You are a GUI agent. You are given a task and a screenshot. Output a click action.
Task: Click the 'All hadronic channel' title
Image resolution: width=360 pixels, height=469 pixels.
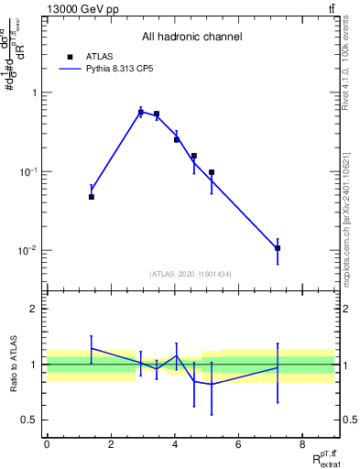[x=191, y=37]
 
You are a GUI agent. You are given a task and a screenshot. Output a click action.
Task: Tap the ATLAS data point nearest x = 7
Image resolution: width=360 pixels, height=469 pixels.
[x=278, y=248]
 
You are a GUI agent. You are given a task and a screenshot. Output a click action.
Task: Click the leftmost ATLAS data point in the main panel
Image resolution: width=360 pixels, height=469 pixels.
[x=92, y=197]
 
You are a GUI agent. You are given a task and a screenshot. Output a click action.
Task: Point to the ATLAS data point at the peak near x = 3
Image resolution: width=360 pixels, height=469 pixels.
[x=141, y=113]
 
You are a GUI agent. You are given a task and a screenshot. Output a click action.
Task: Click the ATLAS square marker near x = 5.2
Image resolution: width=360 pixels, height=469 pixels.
[x=212, y=172]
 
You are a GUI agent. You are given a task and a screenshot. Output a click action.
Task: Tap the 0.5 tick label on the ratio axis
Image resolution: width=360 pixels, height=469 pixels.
[x=30, y=420]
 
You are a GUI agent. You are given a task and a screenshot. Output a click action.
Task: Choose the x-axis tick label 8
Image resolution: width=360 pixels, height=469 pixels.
[x=301, y=445]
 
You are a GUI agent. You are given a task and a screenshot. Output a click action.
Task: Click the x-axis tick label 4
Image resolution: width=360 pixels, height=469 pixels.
[x=174, y=445]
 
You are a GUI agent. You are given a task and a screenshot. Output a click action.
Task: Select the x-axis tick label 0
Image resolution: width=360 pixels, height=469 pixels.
[x=47, y=445]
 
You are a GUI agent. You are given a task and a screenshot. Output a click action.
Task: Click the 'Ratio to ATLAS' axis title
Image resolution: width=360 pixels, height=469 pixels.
[x=13, y=365]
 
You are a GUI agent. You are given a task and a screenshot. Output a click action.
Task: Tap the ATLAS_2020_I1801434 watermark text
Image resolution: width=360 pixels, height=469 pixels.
[x=191, y=274]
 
